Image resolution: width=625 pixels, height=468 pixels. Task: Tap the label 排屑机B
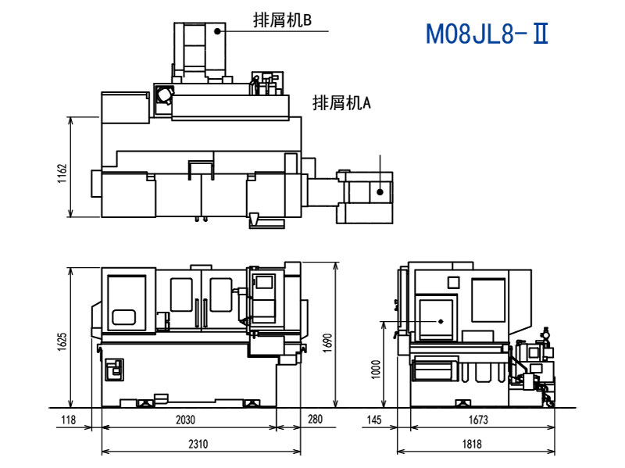282,21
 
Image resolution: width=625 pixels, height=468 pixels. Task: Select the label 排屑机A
341,102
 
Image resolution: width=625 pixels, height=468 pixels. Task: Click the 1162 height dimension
62,173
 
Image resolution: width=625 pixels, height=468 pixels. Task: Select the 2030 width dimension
185,420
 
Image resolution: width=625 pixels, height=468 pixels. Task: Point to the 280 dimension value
315,420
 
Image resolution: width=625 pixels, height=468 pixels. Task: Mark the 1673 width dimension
478,420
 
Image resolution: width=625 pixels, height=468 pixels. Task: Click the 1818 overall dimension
472,444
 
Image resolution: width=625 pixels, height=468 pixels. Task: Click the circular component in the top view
164,95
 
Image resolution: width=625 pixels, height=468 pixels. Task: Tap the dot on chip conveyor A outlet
380,191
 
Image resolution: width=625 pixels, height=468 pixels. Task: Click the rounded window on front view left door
124,317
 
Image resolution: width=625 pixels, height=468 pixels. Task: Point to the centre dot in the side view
441,320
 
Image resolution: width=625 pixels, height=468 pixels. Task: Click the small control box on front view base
114,368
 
